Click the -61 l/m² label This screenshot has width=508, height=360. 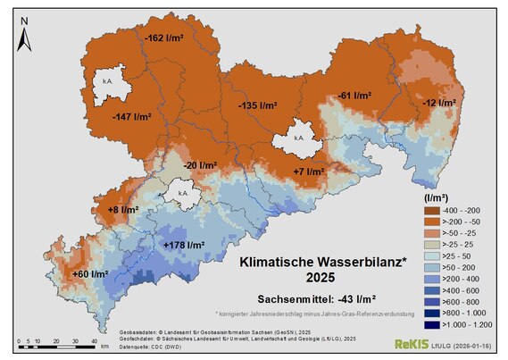tap(354, 95)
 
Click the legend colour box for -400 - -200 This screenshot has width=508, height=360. tap(431, 208)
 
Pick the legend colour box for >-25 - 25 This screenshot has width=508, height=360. tap(431, 243)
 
